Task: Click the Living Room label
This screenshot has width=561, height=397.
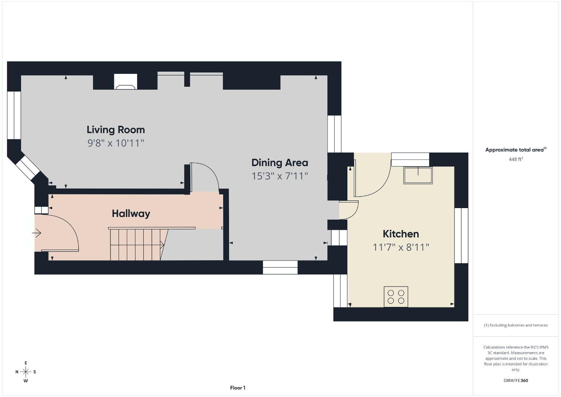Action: [x=116, y=130]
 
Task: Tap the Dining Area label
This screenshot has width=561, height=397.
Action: [x=280, y=163]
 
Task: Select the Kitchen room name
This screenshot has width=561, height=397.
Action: [x=401, y=234]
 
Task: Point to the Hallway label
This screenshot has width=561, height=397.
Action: [x=131, y=214]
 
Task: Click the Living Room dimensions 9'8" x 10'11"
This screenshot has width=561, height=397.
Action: [x=116, y=143]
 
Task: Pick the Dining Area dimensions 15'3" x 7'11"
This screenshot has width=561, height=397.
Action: [x=279, y=176]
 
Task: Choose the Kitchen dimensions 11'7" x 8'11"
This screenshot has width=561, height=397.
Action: [x=401, y=247]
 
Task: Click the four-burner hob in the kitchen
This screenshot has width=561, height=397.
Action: [x=396, y=297]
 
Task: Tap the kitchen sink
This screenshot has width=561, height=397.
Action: [x=418, y=175]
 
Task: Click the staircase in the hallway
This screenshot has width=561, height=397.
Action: [x=136, y=244]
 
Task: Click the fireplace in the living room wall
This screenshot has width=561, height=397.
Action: [x=126, y=82]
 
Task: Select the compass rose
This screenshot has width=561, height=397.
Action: [x=26, y=372]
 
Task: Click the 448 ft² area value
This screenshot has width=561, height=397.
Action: [x=516, y=159]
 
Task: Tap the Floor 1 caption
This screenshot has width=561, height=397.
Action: [x=238, y=388]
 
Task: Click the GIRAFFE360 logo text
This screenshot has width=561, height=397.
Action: [x=516, y=380]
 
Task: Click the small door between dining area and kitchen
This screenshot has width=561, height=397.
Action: [x=349, y=210]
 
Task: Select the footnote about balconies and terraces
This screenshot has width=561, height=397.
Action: [x=516, y=325]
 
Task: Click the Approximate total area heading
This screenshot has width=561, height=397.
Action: [x=516, y=150]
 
